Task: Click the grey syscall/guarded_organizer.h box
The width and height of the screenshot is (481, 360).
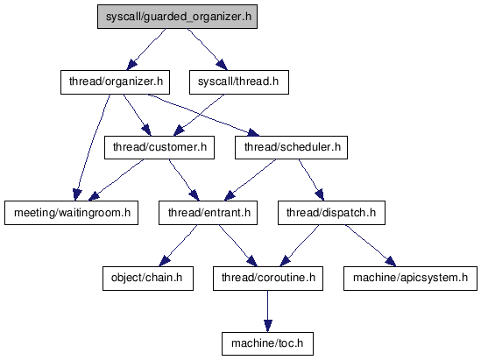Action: click(x=177, y=17)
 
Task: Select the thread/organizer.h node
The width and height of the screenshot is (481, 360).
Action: click(x=115, y=82)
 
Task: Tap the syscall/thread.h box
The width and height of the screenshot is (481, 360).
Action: click(x=239, y=82)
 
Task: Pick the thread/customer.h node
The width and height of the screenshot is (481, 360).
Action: click(x=159, y=147)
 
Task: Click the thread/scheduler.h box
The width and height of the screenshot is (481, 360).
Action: click(x=291, y=147)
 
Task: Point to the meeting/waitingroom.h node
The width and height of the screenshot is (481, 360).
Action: click(x=71, y=213)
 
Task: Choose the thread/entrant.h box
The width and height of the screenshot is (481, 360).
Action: click(x=208, y=213)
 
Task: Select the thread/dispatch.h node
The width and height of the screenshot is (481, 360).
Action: click(x=331, y=213)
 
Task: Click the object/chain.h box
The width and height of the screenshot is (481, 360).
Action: click(x=148, y=279)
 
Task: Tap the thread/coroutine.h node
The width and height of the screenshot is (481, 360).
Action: click(x=268, y=279)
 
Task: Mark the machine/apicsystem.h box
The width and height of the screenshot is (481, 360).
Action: click(x=410, y=279)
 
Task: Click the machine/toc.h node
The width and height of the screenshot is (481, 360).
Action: click(x=267, y=343)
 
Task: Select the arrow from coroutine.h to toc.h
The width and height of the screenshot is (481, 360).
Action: click(x=267, y=311)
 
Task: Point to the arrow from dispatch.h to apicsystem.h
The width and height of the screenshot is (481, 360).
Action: click(x=371, y=245)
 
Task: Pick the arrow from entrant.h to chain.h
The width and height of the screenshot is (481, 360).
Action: click(x=178, y=245)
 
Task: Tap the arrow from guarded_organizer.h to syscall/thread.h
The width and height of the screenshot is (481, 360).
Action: click(x=208, y=50)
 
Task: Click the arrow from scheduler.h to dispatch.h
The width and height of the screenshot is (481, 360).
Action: click(x=312, y=180)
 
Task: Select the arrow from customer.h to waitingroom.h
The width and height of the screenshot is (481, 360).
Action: click(x=116, y=180)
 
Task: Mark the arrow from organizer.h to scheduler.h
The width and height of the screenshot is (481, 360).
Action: click(x=203, y=115)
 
